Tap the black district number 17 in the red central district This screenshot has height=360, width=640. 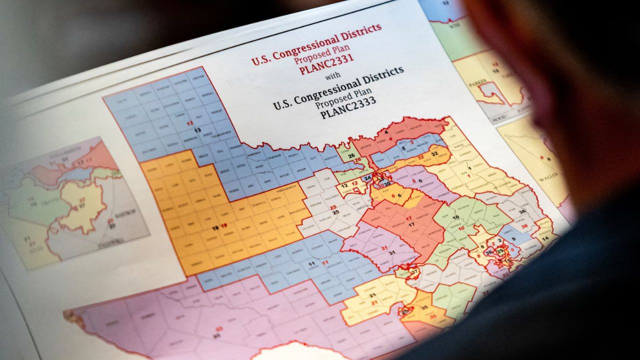pos(411,225)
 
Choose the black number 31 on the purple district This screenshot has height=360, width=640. pos(391,252)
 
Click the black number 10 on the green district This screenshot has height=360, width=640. pos(455,217)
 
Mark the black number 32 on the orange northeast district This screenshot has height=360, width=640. pos(434,153)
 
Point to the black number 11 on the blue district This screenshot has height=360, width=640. pos(311,263)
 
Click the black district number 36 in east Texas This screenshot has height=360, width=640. pos(522,211)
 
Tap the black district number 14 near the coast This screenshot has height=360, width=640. pos(545,239)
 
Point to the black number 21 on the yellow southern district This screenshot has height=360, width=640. pos(372,295)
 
